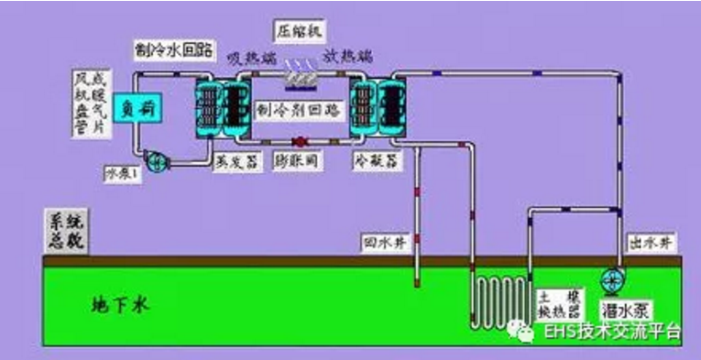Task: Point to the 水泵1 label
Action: [x=119, y=174]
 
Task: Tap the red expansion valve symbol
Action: [x=299, y=142]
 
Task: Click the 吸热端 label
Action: [x=249, y=57]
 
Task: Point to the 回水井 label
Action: [x=378, y=243]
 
